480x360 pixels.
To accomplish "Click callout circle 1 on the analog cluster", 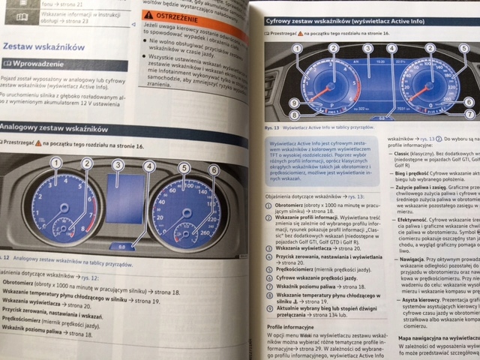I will [x=55, y=163].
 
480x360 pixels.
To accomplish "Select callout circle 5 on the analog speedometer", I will [x=184, y=168].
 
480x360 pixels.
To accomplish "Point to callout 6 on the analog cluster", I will [x=214, y=170].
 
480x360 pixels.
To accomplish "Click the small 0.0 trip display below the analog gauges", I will [x=121, y=245].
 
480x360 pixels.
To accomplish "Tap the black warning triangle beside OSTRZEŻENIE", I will [x=149, y=15].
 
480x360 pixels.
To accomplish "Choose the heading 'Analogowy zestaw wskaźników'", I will [x=52, y=128].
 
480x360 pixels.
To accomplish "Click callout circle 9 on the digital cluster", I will [x=294, y=103].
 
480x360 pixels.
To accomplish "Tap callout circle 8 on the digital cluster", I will [x=294, y=115].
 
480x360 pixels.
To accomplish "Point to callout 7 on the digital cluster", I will [x=469, y=113].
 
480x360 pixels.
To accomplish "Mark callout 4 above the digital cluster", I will [x=391, y=49].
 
